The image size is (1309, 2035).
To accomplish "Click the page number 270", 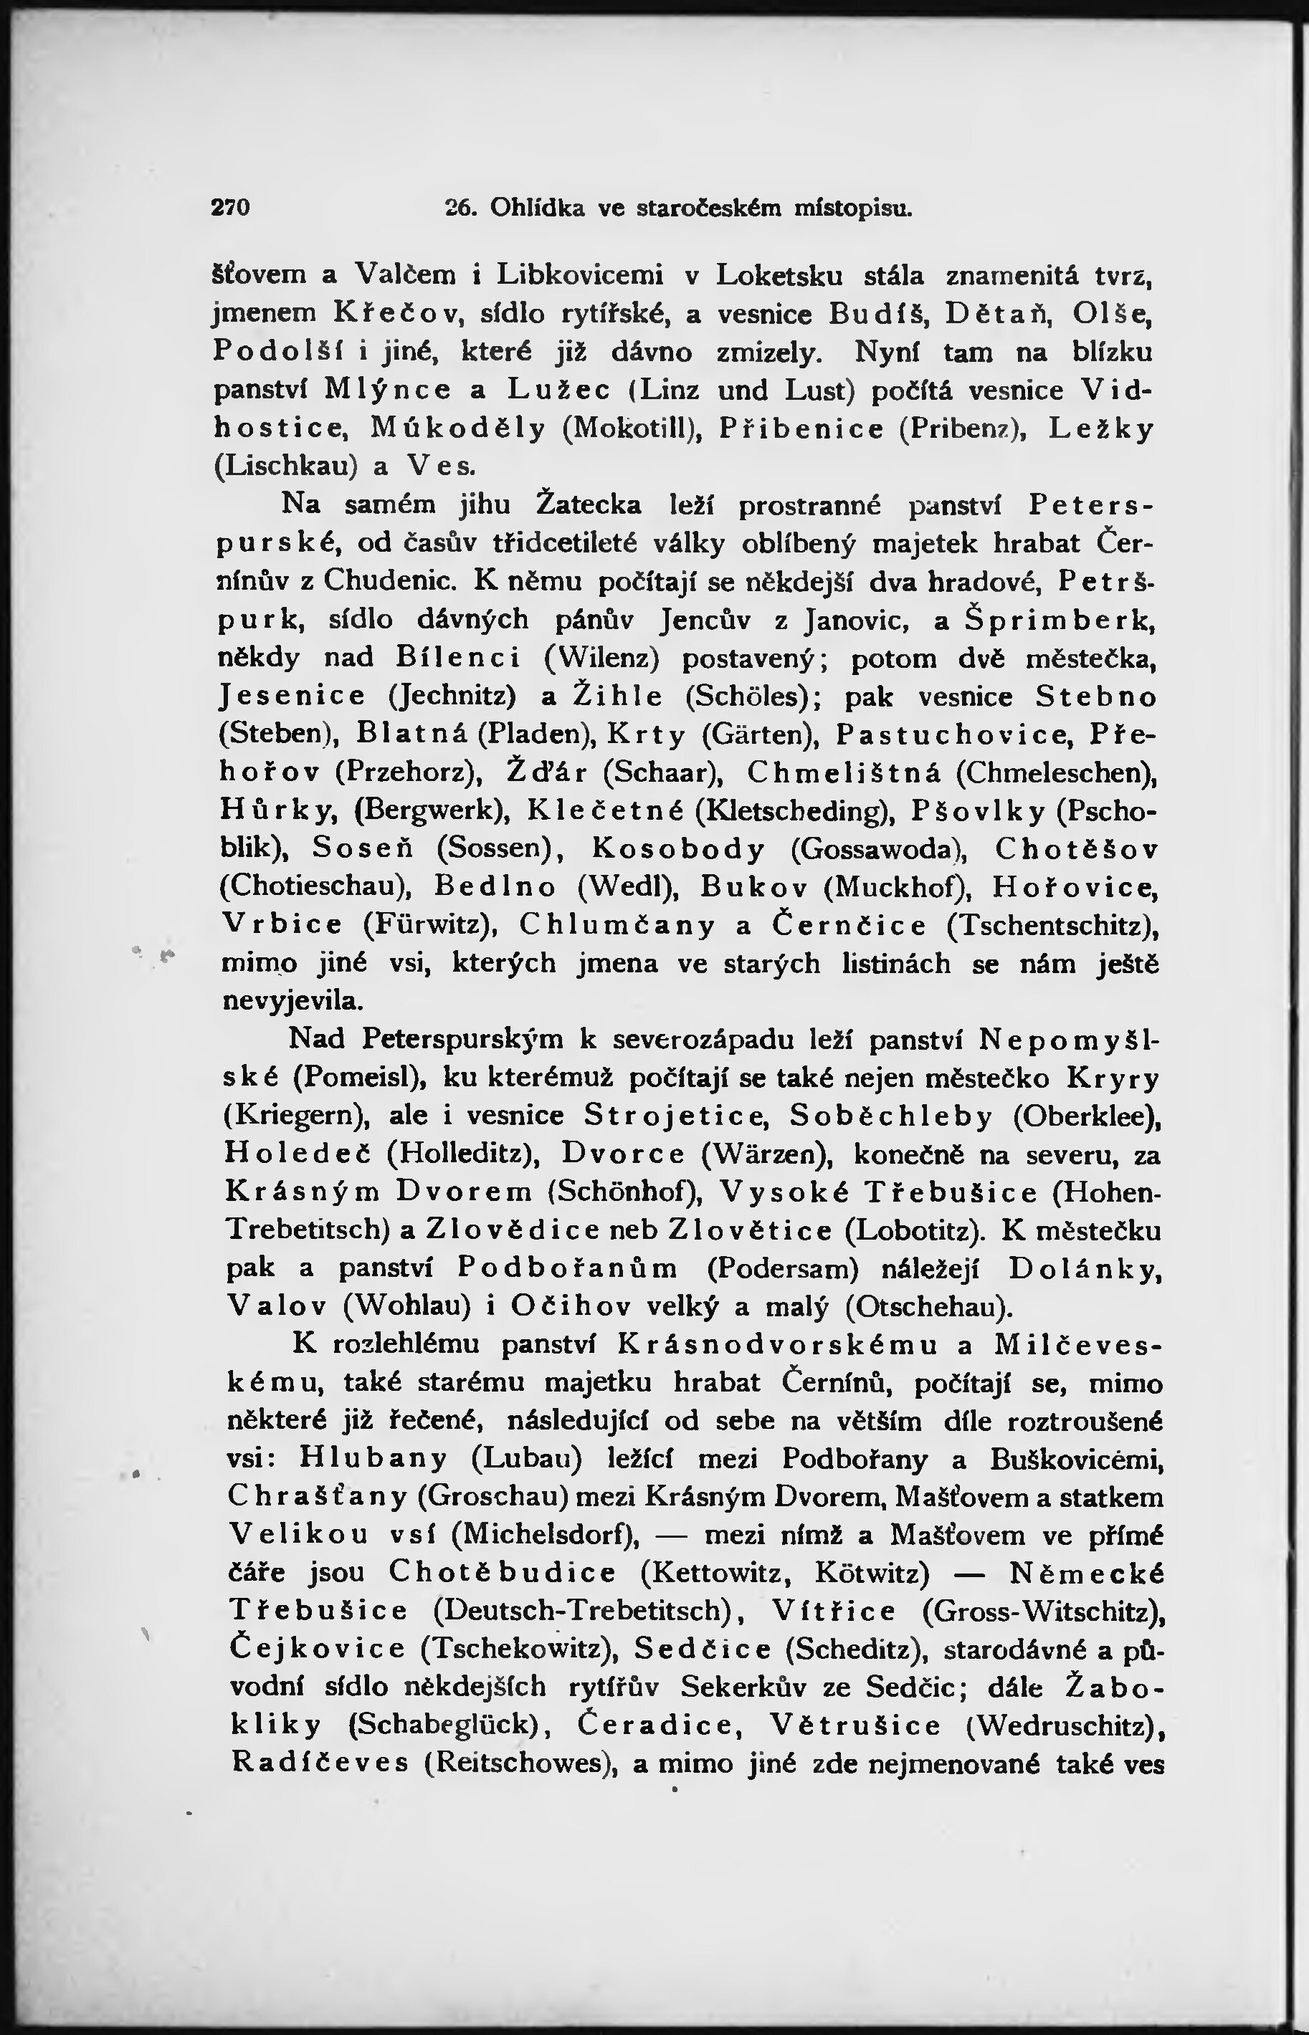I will (x=229, y=209).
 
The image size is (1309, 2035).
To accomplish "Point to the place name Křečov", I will (x=397, y=314).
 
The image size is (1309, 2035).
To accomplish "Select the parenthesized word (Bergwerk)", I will (x=431, y=810).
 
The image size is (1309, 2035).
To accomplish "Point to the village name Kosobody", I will (x=678, y=849).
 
